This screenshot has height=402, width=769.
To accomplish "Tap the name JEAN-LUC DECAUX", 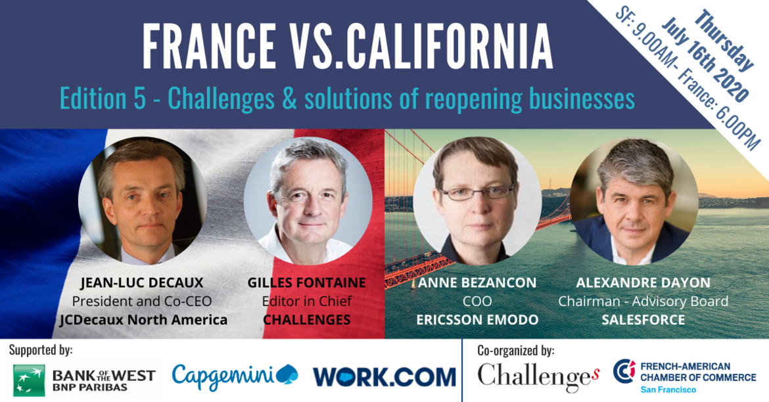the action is (142, 283).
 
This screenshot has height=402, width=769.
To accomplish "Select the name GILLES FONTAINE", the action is (306, 283).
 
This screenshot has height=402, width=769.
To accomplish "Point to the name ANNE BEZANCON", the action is (477, 283).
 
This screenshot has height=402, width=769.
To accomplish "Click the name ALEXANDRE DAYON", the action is (643, 283).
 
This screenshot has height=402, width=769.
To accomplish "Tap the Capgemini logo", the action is (235, 377).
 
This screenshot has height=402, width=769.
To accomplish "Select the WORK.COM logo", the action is (384, 377).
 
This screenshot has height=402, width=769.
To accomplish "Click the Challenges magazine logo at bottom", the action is (538, 377).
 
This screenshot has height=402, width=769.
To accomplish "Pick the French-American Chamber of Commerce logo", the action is (685, 376).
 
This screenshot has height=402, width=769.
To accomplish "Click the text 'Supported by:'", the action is (41, 351).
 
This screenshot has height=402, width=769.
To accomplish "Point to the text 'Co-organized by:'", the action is (516, 351).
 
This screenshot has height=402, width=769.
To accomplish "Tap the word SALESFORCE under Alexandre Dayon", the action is (643, 320).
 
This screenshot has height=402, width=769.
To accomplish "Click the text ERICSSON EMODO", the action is (477, 320).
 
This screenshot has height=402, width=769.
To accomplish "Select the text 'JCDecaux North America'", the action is (143, 320).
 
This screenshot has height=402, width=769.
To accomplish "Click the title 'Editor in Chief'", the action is (306, 301).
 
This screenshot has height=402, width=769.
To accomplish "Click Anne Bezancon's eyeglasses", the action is (477, 192).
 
